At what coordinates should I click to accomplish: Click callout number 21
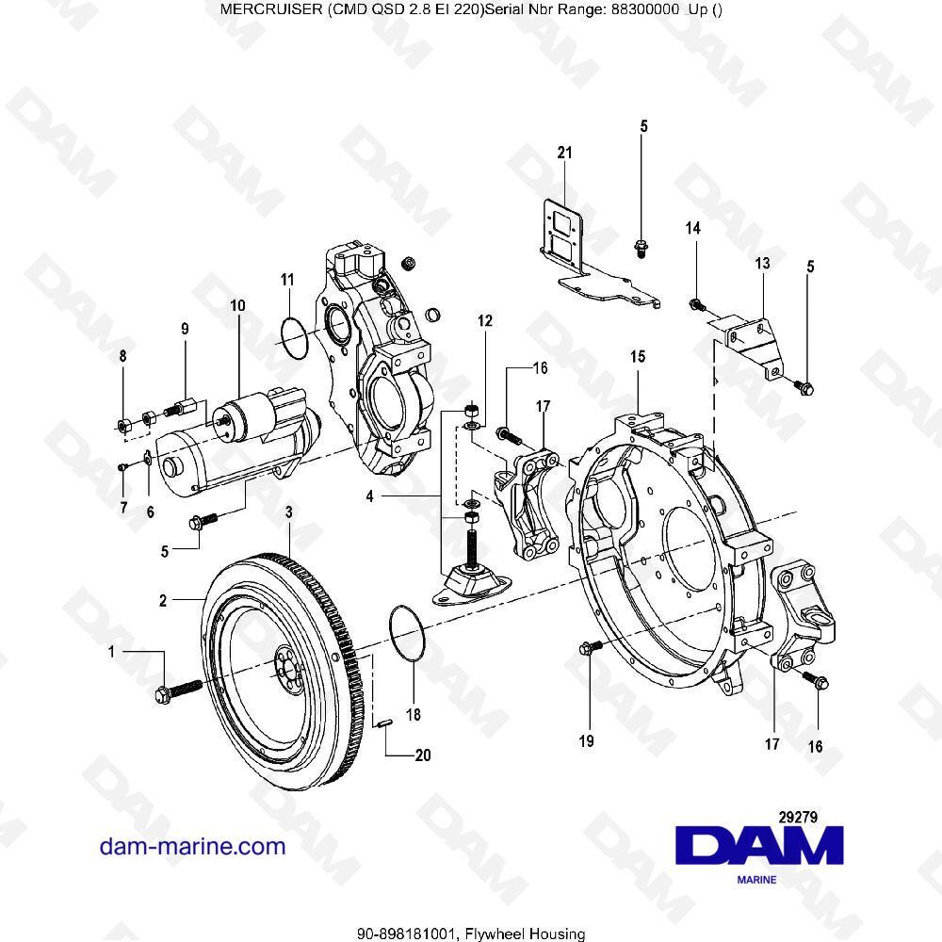tap(564, 153)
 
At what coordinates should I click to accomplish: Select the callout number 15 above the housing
tap(638, 357)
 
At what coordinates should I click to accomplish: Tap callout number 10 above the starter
tap(236, 306)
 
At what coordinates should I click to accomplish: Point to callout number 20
tap(422, 755)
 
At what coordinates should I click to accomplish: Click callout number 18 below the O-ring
tap(413, 716)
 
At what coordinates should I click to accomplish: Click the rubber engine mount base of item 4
tap(470, 584)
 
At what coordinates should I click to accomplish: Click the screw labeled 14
tap(696, 303)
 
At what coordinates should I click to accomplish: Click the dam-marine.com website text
tap(192, 846)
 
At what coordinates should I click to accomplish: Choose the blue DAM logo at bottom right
tap(761, 845)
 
